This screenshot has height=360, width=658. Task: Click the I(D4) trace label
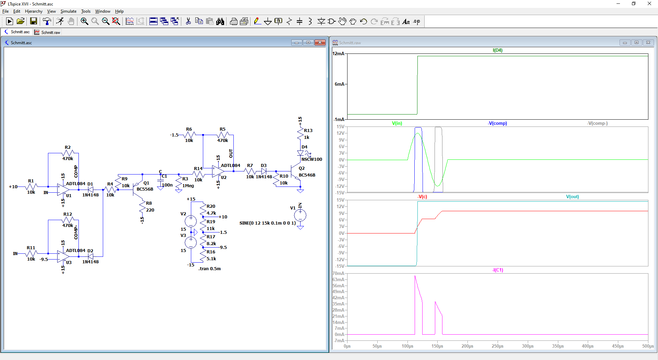click(497, 50)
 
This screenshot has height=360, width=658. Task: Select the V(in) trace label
click(397, 123)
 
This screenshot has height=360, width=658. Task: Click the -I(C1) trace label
click(498, 270)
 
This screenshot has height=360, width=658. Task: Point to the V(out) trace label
click(572, 196)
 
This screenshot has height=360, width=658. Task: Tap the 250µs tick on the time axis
click(498, 346)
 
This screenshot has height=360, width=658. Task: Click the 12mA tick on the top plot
click(339, 53)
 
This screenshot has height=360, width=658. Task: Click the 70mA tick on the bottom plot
click(339, 273)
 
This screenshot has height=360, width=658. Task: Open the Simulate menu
click(69, 11)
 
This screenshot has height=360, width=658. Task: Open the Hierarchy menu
click(34, 11)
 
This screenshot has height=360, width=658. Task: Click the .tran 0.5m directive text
click(209, 268)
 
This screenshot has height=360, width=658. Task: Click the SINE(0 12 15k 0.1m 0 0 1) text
click(267, 223)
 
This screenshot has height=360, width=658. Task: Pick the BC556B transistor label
click(145, 189)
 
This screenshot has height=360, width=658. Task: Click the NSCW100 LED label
click(312, 159)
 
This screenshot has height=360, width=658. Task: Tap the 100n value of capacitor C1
click(167, 185)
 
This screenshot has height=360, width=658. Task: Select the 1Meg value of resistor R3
click(188, 185)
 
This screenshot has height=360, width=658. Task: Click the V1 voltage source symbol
click(300, 215)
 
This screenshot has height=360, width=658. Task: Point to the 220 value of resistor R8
click(150, 210)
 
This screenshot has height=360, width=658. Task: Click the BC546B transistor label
click(307, 175)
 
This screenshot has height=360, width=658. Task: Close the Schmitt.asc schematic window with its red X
click(320, 43)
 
